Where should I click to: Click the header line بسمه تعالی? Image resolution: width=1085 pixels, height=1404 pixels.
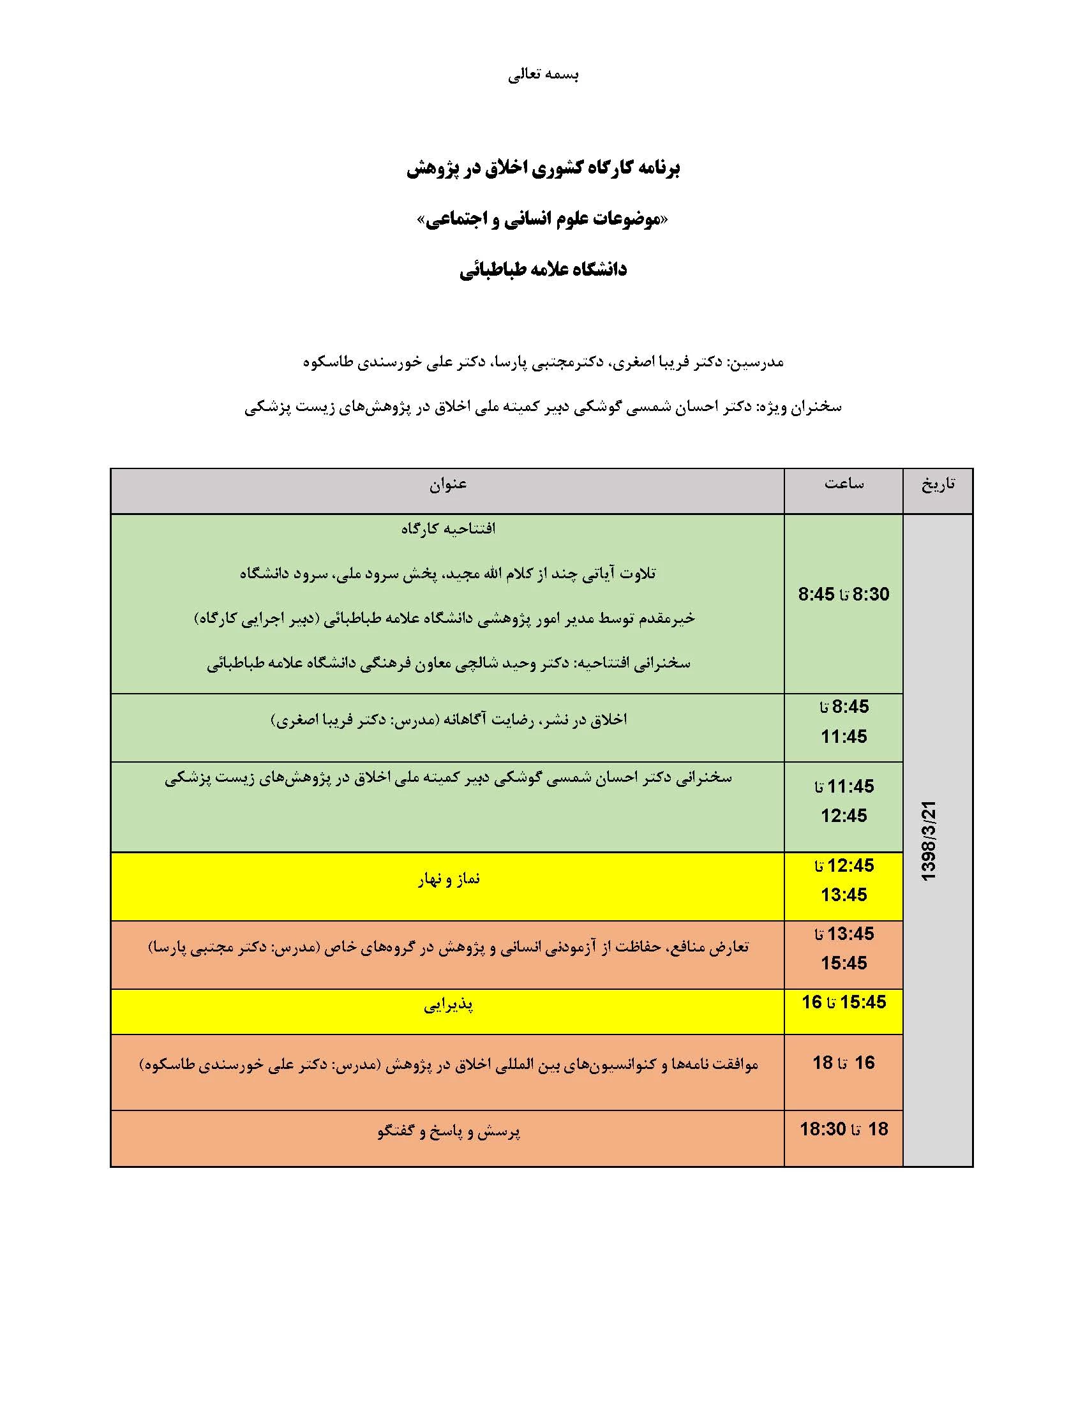pos(543,75)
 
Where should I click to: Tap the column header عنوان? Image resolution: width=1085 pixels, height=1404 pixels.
pos(448,484)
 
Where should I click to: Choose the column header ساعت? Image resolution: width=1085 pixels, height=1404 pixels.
pos(844,484)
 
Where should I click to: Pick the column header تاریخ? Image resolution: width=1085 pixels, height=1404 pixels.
pos(938,484)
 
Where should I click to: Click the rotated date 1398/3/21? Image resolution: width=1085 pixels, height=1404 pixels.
pos(929,841)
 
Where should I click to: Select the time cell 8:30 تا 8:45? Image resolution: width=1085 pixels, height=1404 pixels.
pos(844,594)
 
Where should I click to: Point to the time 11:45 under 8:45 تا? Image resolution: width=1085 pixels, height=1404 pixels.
pos(844,736)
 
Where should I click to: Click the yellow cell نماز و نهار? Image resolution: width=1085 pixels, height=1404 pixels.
pos(448,879)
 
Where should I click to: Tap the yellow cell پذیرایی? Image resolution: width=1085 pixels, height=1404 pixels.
pos(448,1004)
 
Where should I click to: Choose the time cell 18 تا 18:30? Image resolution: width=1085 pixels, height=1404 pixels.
pos(844,1129)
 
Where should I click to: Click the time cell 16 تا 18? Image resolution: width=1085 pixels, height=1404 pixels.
pos(844,1063)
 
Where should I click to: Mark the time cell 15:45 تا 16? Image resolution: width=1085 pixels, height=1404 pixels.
pos(844,1001)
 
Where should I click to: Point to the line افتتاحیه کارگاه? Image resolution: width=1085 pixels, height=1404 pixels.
pos(448,529)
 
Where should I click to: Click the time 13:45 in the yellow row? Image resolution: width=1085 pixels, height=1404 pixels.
pos(844,894)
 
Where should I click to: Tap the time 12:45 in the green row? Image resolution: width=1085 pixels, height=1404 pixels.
pos(844,815)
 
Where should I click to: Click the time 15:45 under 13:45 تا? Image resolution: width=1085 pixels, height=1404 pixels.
pos(844,963)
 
